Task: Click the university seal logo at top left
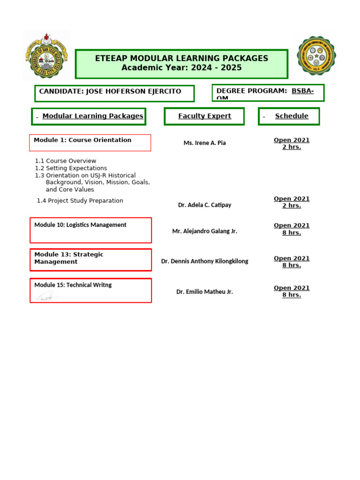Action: (x=46, y=55)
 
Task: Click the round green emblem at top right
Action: (x=316, y=56)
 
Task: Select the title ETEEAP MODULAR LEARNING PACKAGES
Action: (x=181, y=59)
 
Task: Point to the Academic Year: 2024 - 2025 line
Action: (x=181, y=68)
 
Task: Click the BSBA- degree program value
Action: (x=303, y=91)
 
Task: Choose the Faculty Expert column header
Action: (x=204, y=116)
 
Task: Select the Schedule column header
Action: (x=292, y=116)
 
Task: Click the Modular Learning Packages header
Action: (x=93, y=116)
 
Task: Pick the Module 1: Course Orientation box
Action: (x=82, y=140)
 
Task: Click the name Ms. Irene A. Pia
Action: (x=204, y=143)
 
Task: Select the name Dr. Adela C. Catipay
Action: (x=204, y=205)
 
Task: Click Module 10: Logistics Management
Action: (x=80, y=225)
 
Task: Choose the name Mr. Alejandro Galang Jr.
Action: (x=204, y=231)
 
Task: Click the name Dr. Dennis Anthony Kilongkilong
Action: (x=204, y=261)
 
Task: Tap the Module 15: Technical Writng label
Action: (x=73, y=285)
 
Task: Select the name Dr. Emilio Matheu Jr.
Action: (x=204, y=292)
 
